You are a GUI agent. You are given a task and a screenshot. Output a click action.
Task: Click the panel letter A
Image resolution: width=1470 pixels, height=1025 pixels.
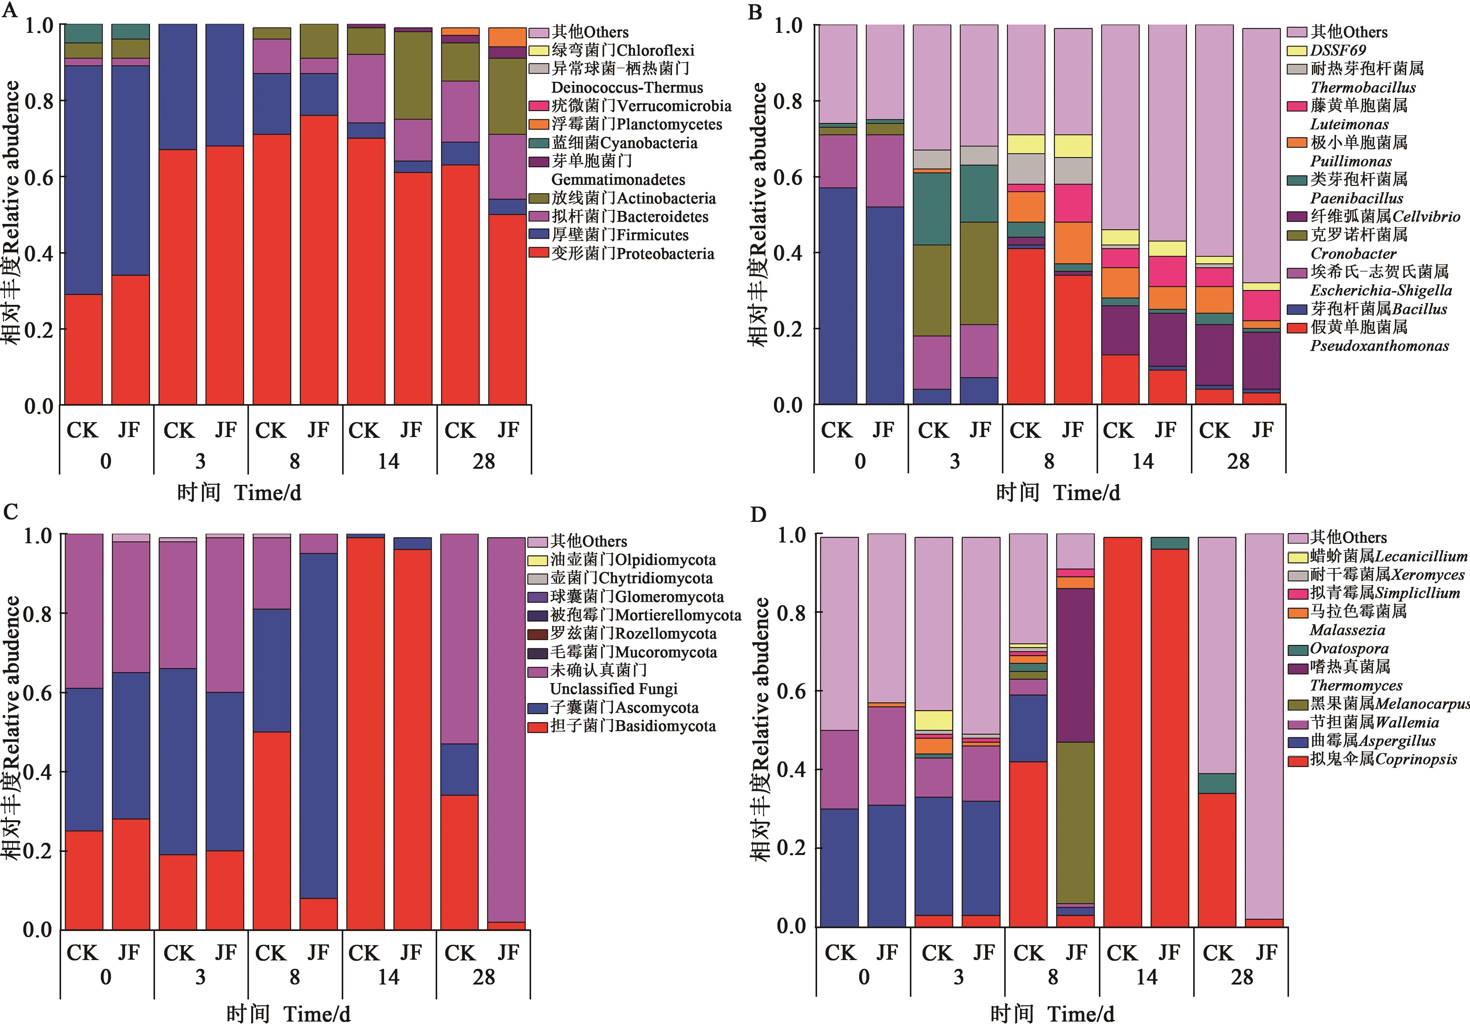10,11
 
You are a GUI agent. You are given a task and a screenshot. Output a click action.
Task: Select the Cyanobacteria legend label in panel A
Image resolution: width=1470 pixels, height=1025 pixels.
624,143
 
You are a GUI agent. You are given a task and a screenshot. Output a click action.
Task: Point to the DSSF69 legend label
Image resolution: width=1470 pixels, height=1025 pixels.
1338,50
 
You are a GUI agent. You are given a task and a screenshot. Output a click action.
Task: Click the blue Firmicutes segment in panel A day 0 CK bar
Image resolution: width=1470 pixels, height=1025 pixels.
83,180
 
